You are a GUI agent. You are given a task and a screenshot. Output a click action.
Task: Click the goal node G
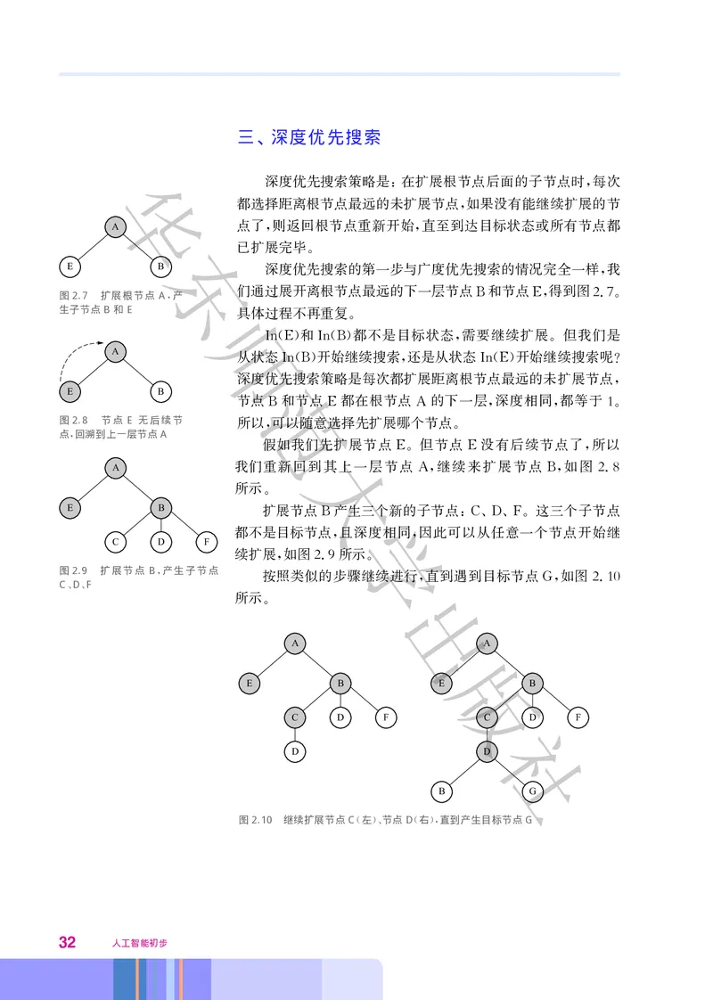[532, 790]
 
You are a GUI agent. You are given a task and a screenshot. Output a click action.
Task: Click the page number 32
[67, 941]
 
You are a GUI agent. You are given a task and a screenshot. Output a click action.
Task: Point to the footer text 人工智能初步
[140, 942]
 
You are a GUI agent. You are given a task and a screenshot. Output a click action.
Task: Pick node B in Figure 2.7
[160, 266]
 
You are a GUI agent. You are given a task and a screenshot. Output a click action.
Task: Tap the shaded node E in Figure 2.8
[70, 390]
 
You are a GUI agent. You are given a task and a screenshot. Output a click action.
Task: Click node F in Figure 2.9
[206, 541]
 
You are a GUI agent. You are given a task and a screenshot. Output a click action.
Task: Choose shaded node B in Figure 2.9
[160, 508]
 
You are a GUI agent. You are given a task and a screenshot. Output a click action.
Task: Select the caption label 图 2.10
[255, 819]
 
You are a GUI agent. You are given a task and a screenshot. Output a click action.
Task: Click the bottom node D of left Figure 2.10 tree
[295, 751]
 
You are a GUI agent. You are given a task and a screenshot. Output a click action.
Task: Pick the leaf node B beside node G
[440, 790]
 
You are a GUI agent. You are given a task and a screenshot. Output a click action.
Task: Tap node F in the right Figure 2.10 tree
[578, 716]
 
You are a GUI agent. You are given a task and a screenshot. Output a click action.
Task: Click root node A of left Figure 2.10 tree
[295, 643]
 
